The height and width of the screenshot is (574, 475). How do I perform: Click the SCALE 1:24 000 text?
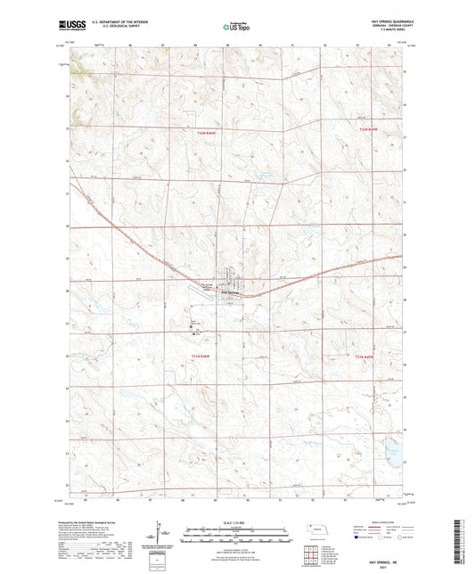tap(236, 521)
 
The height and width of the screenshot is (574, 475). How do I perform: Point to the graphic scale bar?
tap(236, 529)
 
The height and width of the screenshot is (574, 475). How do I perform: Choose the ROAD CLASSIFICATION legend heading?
tap(378, 520)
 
